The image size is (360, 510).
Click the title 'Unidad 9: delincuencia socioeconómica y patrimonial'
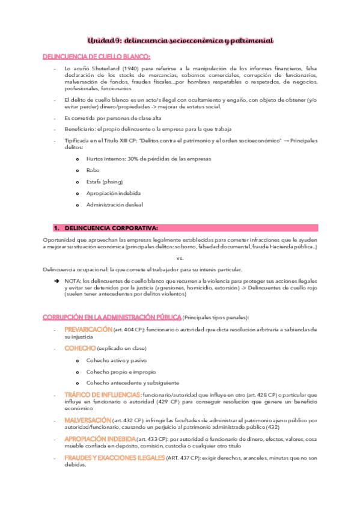tap(180, 40)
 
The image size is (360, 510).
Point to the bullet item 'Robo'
tap(93, 170)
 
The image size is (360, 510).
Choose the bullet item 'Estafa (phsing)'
tap(104, 182)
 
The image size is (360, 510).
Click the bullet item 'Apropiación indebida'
tap(112, 193)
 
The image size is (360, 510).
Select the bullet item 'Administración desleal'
tap(114, 204)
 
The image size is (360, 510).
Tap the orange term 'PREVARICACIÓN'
tap(88, 330)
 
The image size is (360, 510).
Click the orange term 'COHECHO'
tap(79, 348)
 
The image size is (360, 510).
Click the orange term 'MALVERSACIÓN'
tap(87, 419)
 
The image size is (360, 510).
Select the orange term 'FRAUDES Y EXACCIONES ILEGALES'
tap(114, 458)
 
